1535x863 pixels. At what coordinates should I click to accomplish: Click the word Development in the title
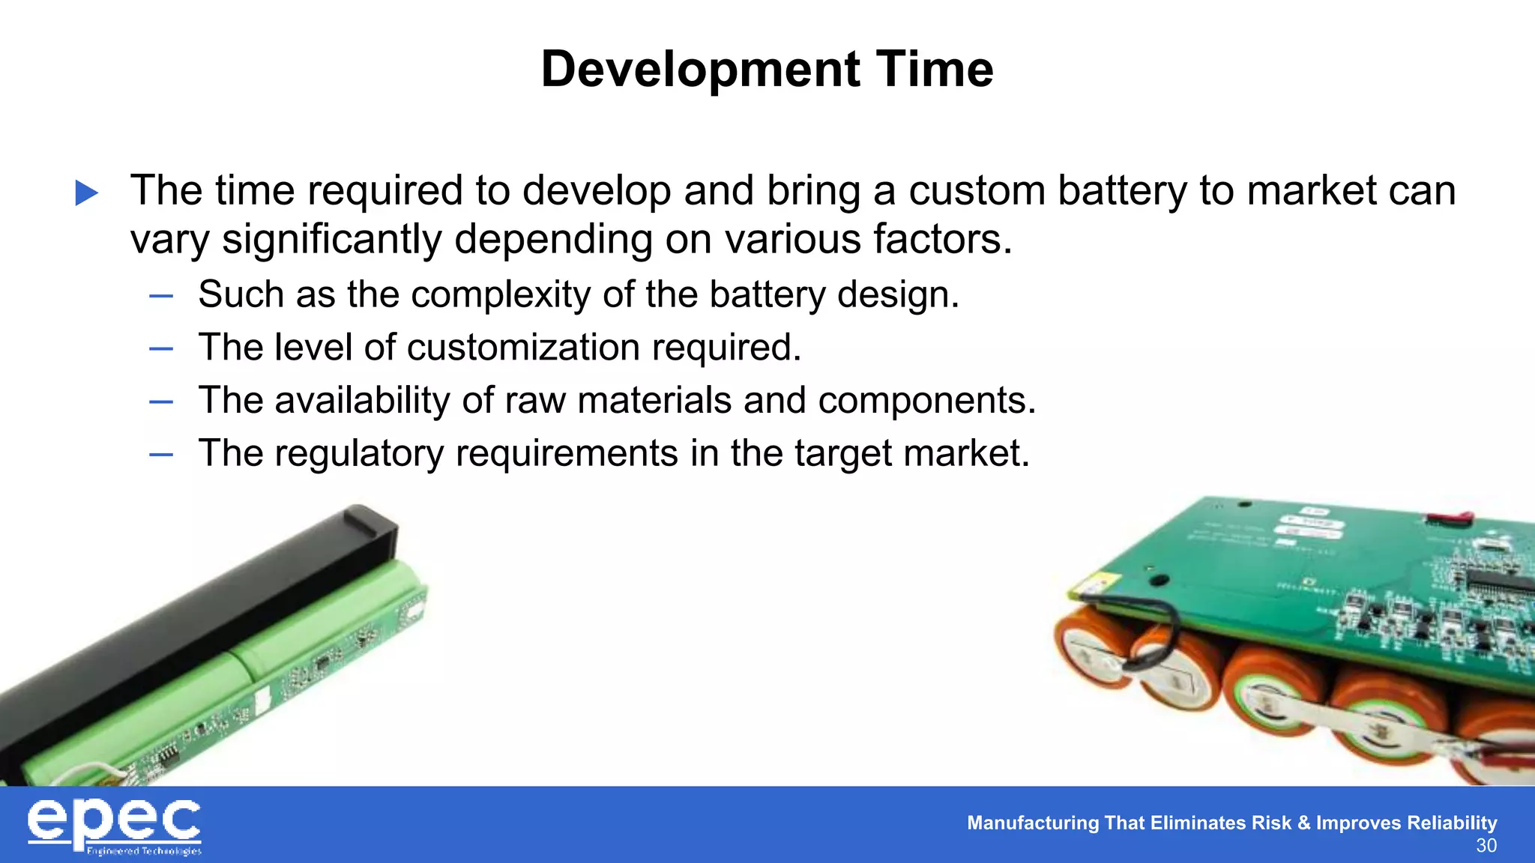(700, 70)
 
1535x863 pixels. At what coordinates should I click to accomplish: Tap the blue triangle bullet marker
(87, 193)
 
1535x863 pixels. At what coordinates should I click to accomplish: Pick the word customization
(522, 348)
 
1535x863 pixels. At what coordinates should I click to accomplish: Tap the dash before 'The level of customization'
(161, 348)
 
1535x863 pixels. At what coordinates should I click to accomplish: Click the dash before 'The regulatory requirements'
(161, 454)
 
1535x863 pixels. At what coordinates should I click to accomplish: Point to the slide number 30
(1486, 846)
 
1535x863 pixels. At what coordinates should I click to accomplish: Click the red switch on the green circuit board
(1450, 516)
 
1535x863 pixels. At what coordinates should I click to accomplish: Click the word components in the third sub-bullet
(926, 400)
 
